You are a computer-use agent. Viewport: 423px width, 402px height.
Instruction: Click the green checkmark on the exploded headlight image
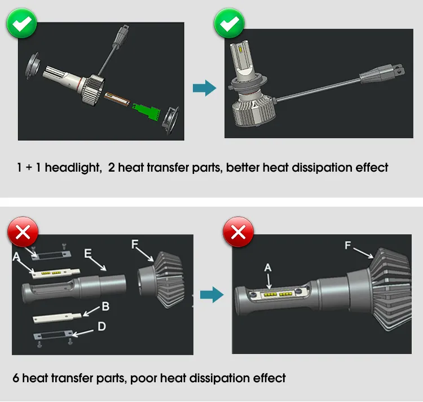click(21, 24)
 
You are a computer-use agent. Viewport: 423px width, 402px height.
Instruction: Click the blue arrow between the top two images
click(204, 88)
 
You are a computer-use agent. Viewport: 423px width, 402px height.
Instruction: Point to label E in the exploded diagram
click(87, 252)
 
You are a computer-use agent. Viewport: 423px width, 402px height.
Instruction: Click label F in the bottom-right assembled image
click(347, 245)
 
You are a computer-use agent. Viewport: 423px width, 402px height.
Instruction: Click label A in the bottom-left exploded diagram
click(15, 256)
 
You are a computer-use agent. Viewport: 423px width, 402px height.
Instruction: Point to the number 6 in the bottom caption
click(16, 378)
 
